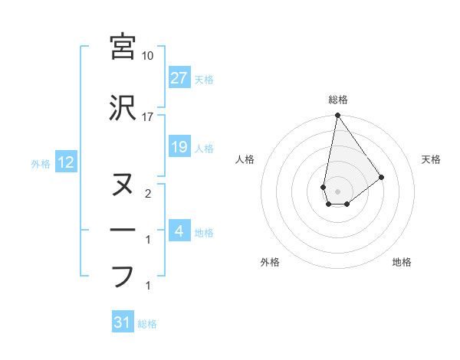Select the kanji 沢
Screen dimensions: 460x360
point(123,108)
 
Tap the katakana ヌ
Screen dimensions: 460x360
point(123,185)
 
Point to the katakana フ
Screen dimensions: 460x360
point(123,276)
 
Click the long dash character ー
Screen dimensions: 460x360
point(123,231)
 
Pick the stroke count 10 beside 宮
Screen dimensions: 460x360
point(148,56)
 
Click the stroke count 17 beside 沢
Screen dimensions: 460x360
point(148,117)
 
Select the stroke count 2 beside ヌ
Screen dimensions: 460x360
point(148,194)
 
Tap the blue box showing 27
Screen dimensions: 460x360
point(179,77)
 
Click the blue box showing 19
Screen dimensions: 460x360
point(179,146)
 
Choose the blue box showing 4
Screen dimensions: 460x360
point(179,231)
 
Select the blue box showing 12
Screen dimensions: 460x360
point(65,162)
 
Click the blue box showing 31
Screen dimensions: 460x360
point(122,322)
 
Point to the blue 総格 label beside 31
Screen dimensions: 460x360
point(147,324)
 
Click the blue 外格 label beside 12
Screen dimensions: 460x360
point(41,163)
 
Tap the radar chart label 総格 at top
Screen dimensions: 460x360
point(337,100)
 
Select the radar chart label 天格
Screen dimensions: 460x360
point(432,159)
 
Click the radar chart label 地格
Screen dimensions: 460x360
point(402,263)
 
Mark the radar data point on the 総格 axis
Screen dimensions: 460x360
point(337,116)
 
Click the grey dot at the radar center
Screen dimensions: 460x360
point(337,189)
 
